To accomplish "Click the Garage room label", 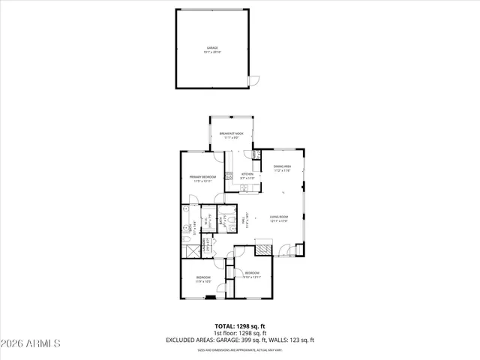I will tap(214, 49).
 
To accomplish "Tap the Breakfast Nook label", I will tap(231, 135).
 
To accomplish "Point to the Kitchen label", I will tap(247, 175).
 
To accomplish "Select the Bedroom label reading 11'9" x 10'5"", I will tap(202, 280).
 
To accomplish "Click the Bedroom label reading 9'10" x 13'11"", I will tap(251, 274).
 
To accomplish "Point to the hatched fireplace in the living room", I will tap(263, 248).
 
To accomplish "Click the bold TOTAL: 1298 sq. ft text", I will tap(240, 326).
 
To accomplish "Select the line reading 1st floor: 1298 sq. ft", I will tap(240, 333).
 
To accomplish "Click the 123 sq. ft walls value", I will tap(301, 340).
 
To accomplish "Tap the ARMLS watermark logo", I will tap(31, 343).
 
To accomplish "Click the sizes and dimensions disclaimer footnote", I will tap(240, 350).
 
